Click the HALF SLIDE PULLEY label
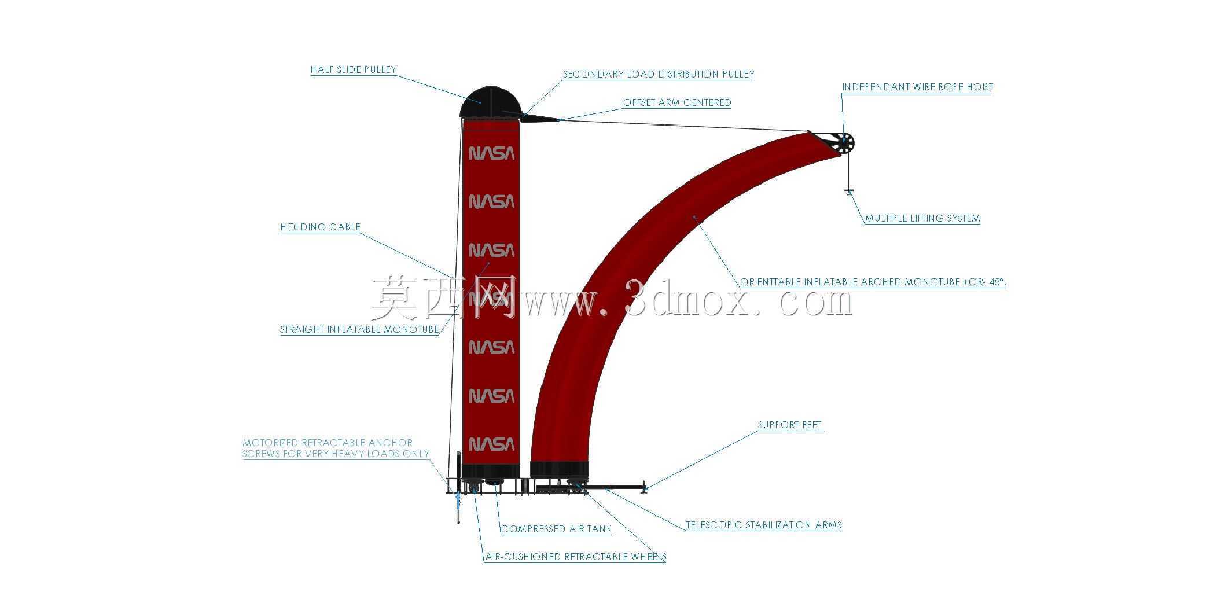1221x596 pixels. pyautogui.click(x=354, y=70)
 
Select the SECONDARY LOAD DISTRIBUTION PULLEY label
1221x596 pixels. pyautogui.click(x=659, y=75)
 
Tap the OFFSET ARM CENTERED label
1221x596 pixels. pyautogui.click(x=677, y=103)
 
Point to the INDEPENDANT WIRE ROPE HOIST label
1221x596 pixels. pyautogui.click(x=917, y=87)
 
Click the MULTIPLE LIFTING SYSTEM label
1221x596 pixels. pyautogui.click(x=922, y=219)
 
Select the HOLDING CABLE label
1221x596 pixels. pyautogui.click(x=321, y=227)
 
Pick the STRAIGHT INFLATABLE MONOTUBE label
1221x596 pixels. pyautogui.click(x=360, y=330)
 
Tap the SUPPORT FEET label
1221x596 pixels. pyautogui.click(x=789, y=425)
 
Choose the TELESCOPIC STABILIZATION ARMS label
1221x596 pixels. pyautogui.click(x=763, y=525)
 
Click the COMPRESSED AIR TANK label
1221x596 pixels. pyautogui.click(x=556, y=529)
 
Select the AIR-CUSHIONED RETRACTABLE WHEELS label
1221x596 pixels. pyautogui.click(x=576, y=557)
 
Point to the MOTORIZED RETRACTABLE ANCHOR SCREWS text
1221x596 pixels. pyautogui.click(x=336, y=448)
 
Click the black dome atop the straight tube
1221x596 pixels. pyautogui.click(x=491, y=102)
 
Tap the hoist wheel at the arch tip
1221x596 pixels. pyautogui.click(x=844, y=143)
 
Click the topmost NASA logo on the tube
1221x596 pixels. pyautogui.click(x=491, y=153)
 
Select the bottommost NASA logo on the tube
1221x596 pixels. pyautogui.click(x=491, y=444)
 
